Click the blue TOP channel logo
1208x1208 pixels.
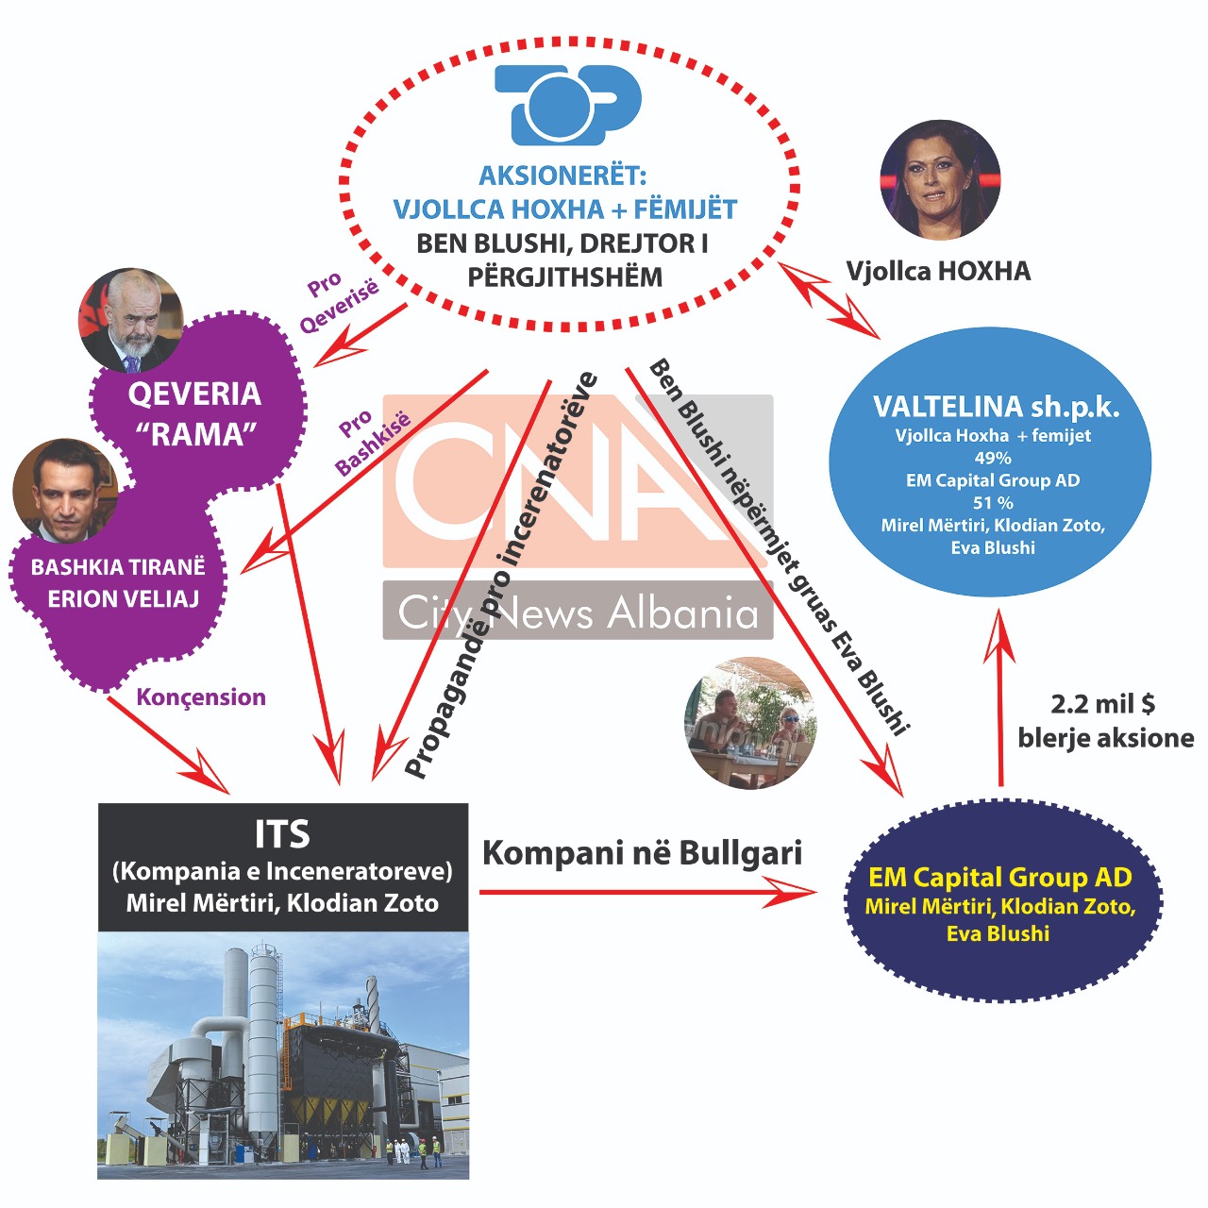pos(567,104)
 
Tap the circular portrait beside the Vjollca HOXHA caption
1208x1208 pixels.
pos(939,179)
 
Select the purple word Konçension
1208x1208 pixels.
pos(201,697)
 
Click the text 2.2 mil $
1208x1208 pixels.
pos(1102,704)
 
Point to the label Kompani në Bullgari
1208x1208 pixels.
pos(642,853)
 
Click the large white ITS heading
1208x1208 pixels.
pos(282,834)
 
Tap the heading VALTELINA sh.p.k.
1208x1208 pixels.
pos(996,407)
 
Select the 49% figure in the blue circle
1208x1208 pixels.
pos(992,458)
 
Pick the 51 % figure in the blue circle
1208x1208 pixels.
pos(993,503)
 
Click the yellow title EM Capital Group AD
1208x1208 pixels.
pos(999,878)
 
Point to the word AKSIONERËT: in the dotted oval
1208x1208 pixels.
pos(562,176)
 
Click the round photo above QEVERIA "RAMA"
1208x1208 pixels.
pos(130,321)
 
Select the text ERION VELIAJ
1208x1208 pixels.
pos(123,599)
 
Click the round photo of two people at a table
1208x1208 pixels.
pos(750,723)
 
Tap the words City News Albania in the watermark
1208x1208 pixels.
pos(578,612)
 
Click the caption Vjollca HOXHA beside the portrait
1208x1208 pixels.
pos(938,272)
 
